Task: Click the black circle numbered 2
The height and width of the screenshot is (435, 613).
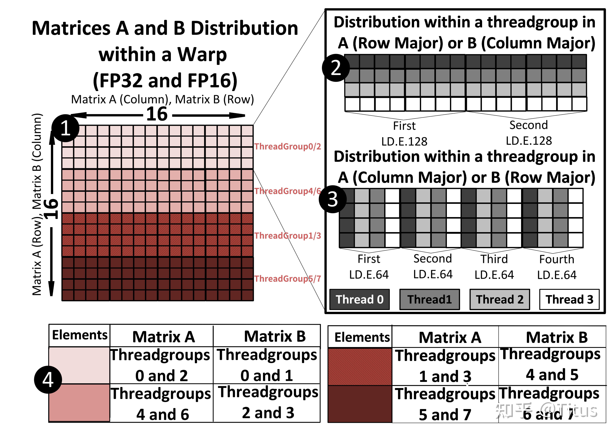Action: click(336, 68)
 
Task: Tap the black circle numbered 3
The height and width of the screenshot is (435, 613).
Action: click(333, 199)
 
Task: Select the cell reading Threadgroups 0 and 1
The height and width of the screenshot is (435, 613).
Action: click(267, 365)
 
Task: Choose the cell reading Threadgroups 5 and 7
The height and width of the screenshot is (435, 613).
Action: click(445, 404)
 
